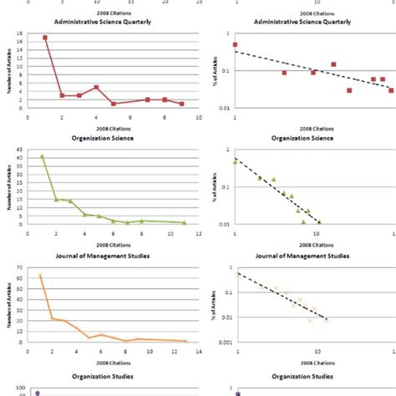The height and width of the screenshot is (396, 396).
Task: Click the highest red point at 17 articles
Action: tap(45, 38)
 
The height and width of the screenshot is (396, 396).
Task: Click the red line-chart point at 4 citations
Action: tap(96, 87)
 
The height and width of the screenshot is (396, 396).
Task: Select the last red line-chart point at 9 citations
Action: tap(181, 104)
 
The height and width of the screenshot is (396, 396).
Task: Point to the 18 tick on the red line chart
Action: tap(19, 33)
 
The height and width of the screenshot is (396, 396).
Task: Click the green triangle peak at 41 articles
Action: tap(42, 156)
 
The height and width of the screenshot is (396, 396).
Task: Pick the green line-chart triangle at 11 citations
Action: tap(185, 222)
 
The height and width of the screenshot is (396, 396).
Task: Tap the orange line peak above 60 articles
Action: tap(39, 275)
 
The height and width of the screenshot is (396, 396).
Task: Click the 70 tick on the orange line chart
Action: tap(19, 267)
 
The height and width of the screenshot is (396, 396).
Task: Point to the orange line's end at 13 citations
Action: tap(185, 341)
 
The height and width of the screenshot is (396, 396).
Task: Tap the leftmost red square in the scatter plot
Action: tap(235, 44)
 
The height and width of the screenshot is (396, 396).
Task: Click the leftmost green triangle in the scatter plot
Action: tap(235, 162)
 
